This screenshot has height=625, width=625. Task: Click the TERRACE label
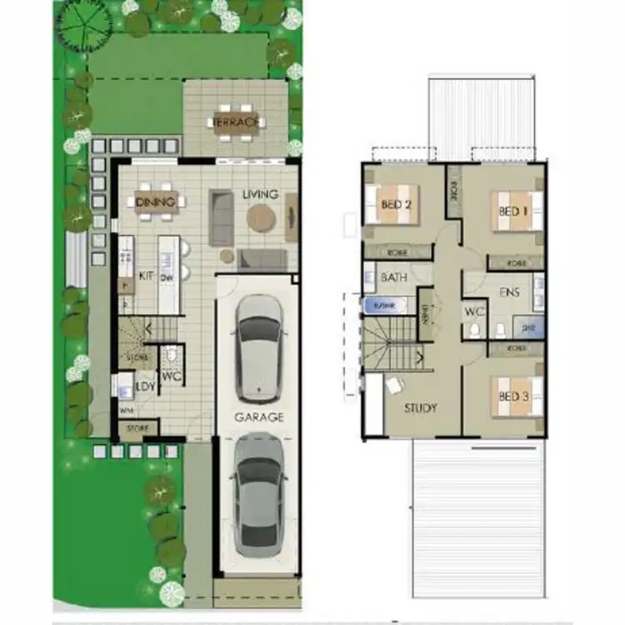(237, 123)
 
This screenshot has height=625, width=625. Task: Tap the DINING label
(157, 202)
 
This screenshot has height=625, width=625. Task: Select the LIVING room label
(260, 194)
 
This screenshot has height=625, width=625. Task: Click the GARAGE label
(258, 417)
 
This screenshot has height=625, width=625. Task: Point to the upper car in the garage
(257, 346)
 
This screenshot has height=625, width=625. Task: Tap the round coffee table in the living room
(261, 218)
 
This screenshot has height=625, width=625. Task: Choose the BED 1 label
(514, 211)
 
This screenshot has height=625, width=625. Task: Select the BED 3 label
(514, 396)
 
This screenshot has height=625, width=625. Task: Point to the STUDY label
(421, 408)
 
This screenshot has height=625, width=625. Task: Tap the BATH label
(393, 277)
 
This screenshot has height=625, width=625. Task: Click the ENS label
(509, 293)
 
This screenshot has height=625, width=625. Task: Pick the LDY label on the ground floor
(145, 386)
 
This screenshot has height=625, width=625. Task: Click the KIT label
(147, 275)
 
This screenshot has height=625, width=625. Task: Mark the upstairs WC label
(474, 312)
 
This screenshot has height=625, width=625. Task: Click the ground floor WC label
(171, 377)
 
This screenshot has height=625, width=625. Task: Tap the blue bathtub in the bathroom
(384, 306)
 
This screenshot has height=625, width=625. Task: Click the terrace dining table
(237, 123)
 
